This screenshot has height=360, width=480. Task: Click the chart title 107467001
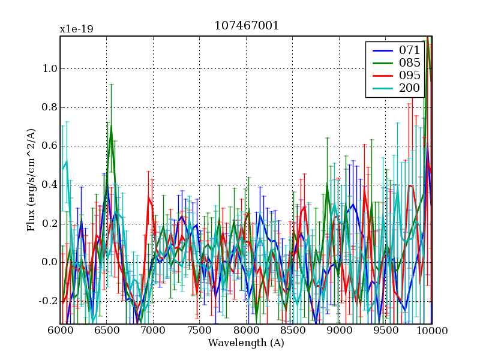coord(246,26)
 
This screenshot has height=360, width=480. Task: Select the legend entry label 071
coord(410,50)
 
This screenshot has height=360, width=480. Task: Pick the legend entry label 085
coord(410,62)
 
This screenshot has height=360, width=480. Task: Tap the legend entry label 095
coord(410,75)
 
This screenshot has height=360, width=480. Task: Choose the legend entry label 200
coord(410,88)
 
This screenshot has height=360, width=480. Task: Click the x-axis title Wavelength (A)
coord(246,343)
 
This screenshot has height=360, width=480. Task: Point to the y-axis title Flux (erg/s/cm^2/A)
coord(31,181)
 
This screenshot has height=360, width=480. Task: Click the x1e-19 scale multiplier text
coord(76,29)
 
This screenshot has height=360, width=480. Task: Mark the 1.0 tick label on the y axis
coord(49,68)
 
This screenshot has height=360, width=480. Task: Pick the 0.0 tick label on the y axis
coord(49,262)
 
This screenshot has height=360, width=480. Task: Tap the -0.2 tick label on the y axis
coord(47,301)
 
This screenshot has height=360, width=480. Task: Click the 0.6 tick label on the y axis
coord(49,146)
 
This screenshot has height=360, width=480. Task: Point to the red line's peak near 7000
coord(148,196)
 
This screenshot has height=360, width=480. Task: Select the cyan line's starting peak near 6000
coord(66,161)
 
